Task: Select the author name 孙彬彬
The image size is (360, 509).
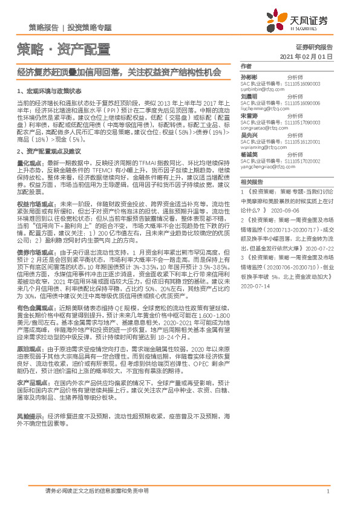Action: click(249, 77)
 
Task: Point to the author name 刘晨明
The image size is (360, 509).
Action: click(249, 96)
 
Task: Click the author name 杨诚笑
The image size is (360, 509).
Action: click(249, 155)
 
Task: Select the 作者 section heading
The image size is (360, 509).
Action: click(246, 66)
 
